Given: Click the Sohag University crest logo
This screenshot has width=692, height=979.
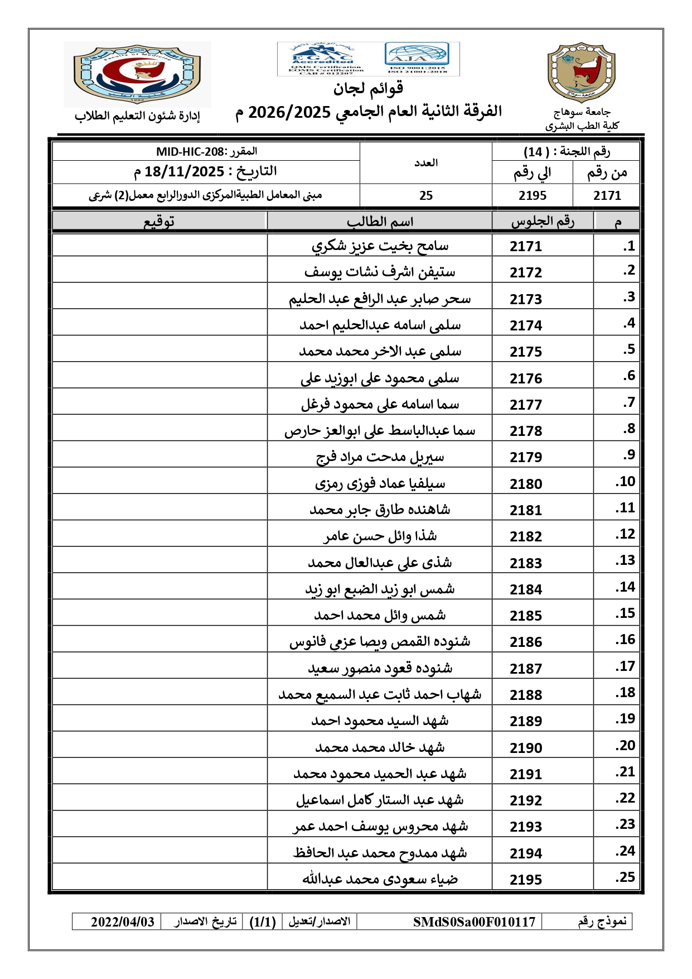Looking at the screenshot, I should (x=581, y=73).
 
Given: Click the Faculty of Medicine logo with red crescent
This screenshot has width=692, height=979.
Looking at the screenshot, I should (x=137, y=74).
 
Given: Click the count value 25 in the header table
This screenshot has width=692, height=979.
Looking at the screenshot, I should (x=426, y=195).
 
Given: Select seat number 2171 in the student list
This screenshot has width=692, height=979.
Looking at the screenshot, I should (x=526, y=246).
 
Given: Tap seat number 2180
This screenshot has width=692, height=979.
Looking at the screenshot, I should (x=526, y=483).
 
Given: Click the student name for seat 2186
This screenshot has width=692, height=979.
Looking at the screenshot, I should (x=380, y=642).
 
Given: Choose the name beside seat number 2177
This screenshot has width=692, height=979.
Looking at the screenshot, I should (x=380, y=404).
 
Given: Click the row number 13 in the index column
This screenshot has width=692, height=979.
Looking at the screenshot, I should (x=625, y=560).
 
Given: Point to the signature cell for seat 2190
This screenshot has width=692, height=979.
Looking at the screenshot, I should (x=159, y=747).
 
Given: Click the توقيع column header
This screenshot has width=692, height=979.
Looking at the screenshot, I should (x=159, y=222).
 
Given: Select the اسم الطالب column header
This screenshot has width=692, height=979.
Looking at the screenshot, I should (x=380, y=222).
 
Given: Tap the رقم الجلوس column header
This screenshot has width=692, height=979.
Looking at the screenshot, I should (x=542, y=222).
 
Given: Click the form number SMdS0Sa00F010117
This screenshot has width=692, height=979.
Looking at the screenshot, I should (x=474, y=922).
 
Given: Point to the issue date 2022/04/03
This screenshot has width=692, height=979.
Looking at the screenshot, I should (x=123, y=922).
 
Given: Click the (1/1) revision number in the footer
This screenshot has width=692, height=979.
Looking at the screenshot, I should (x=263, y=922).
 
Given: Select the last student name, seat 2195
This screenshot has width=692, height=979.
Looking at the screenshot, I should (x=380, y=879).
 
